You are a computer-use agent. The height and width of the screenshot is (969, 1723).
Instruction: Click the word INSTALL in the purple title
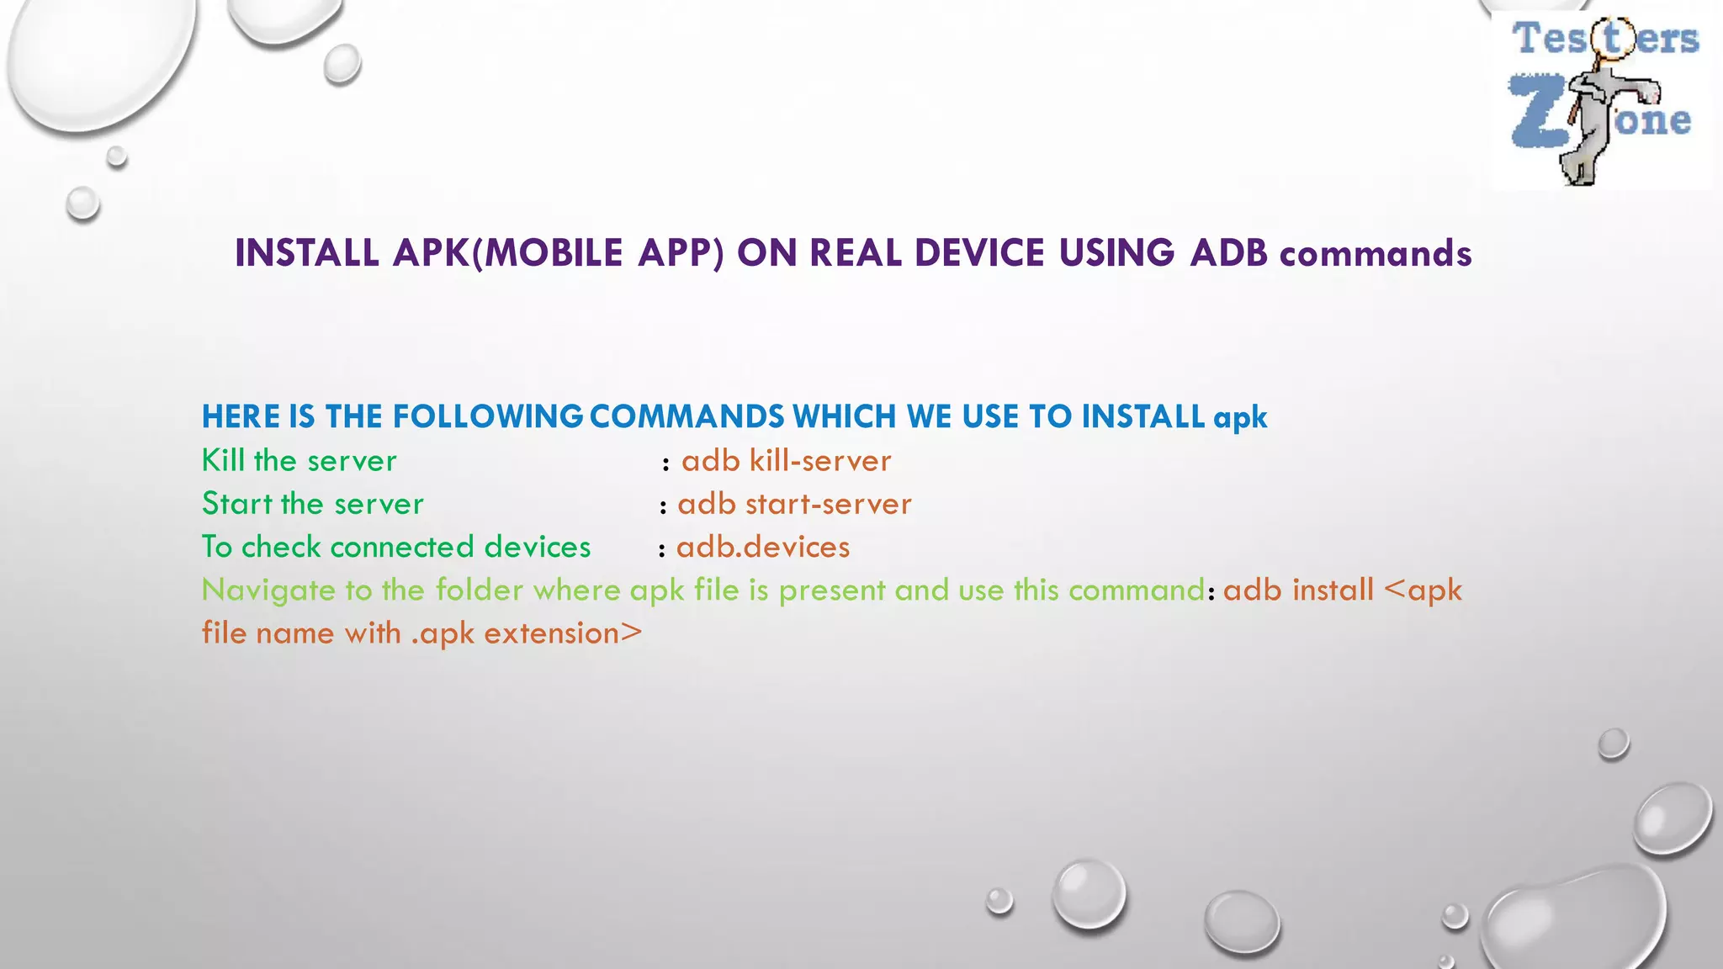[306, 253]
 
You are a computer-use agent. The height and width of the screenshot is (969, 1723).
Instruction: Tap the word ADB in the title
[1228, 253]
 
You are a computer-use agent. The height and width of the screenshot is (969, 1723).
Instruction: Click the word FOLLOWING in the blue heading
[488, 417]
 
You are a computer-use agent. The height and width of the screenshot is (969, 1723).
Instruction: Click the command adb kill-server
[786, 461]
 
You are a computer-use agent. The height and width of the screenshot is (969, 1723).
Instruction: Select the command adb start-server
[794, 504]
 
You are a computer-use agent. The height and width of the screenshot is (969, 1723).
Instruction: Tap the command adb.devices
[763, 548]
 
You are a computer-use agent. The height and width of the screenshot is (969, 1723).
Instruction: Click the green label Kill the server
[299, 461]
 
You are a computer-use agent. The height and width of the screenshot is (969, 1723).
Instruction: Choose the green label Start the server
[312, 504]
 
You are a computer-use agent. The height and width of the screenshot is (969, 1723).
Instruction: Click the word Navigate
[268, 590]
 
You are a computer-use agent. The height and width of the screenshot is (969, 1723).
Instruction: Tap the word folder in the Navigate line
[480, 590]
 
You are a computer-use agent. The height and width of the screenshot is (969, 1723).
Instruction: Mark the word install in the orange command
[1333, 590]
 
